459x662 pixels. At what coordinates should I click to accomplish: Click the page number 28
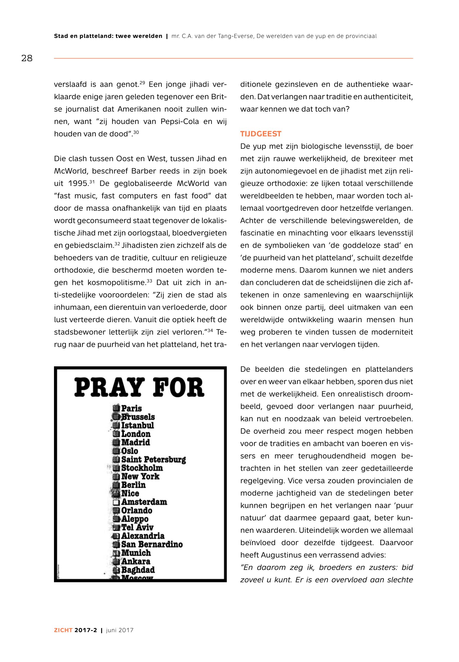click(x=27, y=58)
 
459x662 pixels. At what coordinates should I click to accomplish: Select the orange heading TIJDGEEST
click(x=260, y=134)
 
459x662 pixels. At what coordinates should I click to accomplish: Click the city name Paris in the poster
click(x=131, y=408)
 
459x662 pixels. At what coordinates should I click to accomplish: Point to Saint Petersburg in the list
click(x=153, y=459)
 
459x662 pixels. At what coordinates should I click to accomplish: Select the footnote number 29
click(x=142, y=83)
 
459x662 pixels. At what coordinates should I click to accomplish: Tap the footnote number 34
click(x=210, y=330)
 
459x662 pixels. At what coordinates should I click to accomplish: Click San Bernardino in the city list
click(x=152, y=544)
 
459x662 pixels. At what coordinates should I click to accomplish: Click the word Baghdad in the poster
click(x=138, y=570)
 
